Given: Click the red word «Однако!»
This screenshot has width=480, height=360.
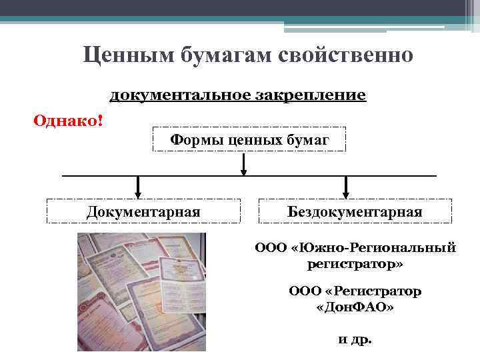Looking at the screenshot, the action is click(x=68, y=121).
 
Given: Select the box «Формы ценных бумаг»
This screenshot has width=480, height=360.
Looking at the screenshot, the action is click(x=249, y=140).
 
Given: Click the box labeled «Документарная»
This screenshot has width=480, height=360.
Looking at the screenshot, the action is click(x=143, y=211).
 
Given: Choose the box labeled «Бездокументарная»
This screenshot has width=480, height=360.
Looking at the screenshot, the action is click(x=355, y=211).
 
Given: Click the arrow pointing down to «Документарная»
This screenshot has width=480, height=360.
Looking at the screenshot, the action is click(x=137, y=186).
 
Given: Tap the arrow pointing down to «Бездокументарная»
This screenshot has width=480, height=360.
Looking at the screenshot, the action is click(x=345, y=186).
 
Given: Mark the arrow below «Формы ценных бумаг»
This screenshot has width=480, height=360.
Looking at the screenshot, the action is click(x=245, y=164).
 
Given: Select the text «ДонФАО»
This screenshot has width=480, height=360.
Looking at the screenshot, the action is click(x=355, y=308).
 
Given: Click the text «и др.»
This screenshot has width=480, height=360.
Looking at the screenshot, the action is click(x=355, y=339).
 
